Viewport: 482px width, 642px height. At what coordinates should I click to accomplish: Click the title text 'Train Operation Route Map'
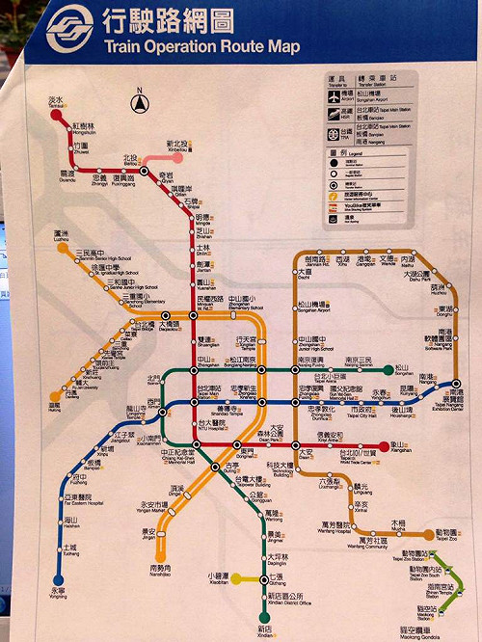click(x=201, y=45)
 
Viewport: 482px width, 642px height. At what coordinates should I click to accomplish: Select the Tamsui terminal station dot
click(x=54, y=113)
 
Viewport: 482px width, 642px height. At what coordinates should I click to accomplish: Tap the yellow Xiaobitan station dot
click(x=234, y=579)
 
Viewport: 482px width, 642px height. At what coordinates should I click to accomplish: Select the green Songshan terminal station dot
click(x=388, y=369)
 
